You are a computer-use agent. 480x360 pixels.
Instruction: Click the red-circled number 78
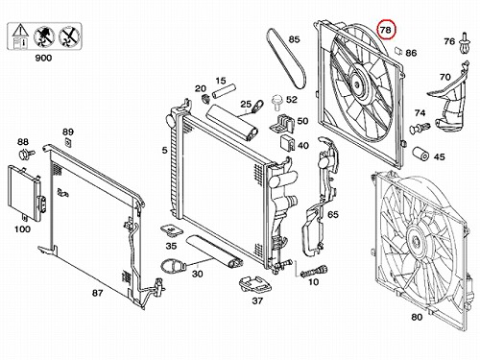point(386,30)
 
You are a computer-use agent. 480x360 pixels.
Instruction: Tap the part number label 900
point(43,58)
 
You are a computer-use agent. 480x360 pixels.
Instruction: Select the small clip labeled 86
point(397,50)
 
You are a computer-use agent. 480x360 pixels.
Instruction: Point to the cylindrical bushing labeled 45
point(421,155)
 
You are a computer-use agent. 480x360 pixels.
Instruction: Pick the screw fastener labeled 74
point(420,128)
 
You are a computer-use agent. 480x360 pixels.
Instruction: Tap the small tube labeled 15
point(223,91)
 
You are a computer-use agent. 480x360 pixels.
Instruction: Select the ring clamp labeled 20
point(204,99)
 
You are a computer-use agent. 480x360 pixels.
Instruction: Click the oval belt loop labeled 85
point(286,59)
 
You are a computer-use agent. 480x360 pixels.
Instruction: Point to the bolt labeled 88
point(26,155)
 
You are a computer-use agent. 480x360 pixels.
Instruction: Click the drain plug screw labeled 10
point(314,272)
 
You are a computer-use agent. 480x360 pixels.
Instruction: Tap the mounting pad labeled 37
point(255,284)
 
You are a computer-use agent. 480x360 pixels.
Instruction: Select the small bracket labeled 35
point(171,230)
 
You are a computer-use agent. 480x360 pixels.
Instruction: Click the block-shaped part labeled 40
point(287,143)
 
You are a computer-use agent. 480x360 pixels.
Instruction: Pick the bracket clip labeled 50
point(281,124)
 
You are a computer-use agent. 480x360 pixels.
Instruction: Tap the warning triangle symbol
point(20,31)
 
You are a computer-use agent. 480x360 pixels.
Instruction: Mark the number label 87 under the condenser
point(98,293)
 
